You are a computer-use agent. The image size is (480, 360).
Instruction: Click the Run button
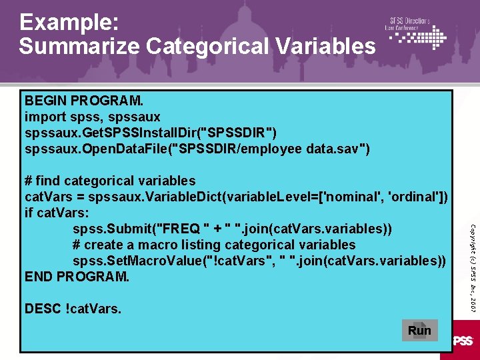419,330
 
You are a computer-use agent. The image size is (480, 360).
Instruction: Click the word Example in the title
69,24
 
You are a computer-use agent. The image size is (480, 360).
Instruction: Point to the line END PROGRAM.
77,276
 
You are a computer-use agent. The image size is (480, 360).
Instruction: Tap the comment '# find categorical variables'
110,181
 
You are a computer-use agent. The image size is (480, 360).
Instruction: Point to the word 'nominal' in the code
351,197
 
